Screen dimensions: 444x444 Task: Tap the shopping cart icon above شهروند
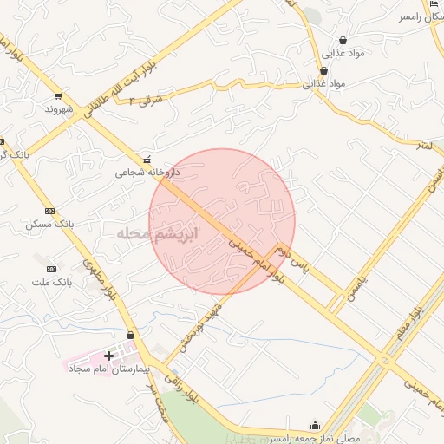pos(57,96)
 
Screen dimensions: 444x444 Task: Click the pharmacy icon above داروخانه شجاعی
pos(147,160)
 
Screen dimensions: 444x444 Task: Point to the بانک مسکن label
pos(49,224)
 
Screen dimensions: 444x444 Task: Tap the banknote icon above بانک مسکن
pos(49,211)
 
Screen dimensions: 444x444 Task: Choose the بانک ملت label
pos(50,283)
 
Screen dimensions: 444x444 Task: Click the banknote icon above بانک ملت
pos(51,270)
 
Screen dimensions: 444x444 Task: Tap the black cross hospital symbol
pos(109,356)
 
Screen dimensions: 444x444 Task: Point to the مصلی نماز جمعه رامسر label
pos(312,438)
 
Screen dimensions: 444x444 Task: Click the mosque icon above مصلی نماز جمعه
pos(315,425)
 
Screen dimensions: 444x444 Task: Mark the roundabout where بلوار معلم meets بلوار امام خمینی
pos(385,360)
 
